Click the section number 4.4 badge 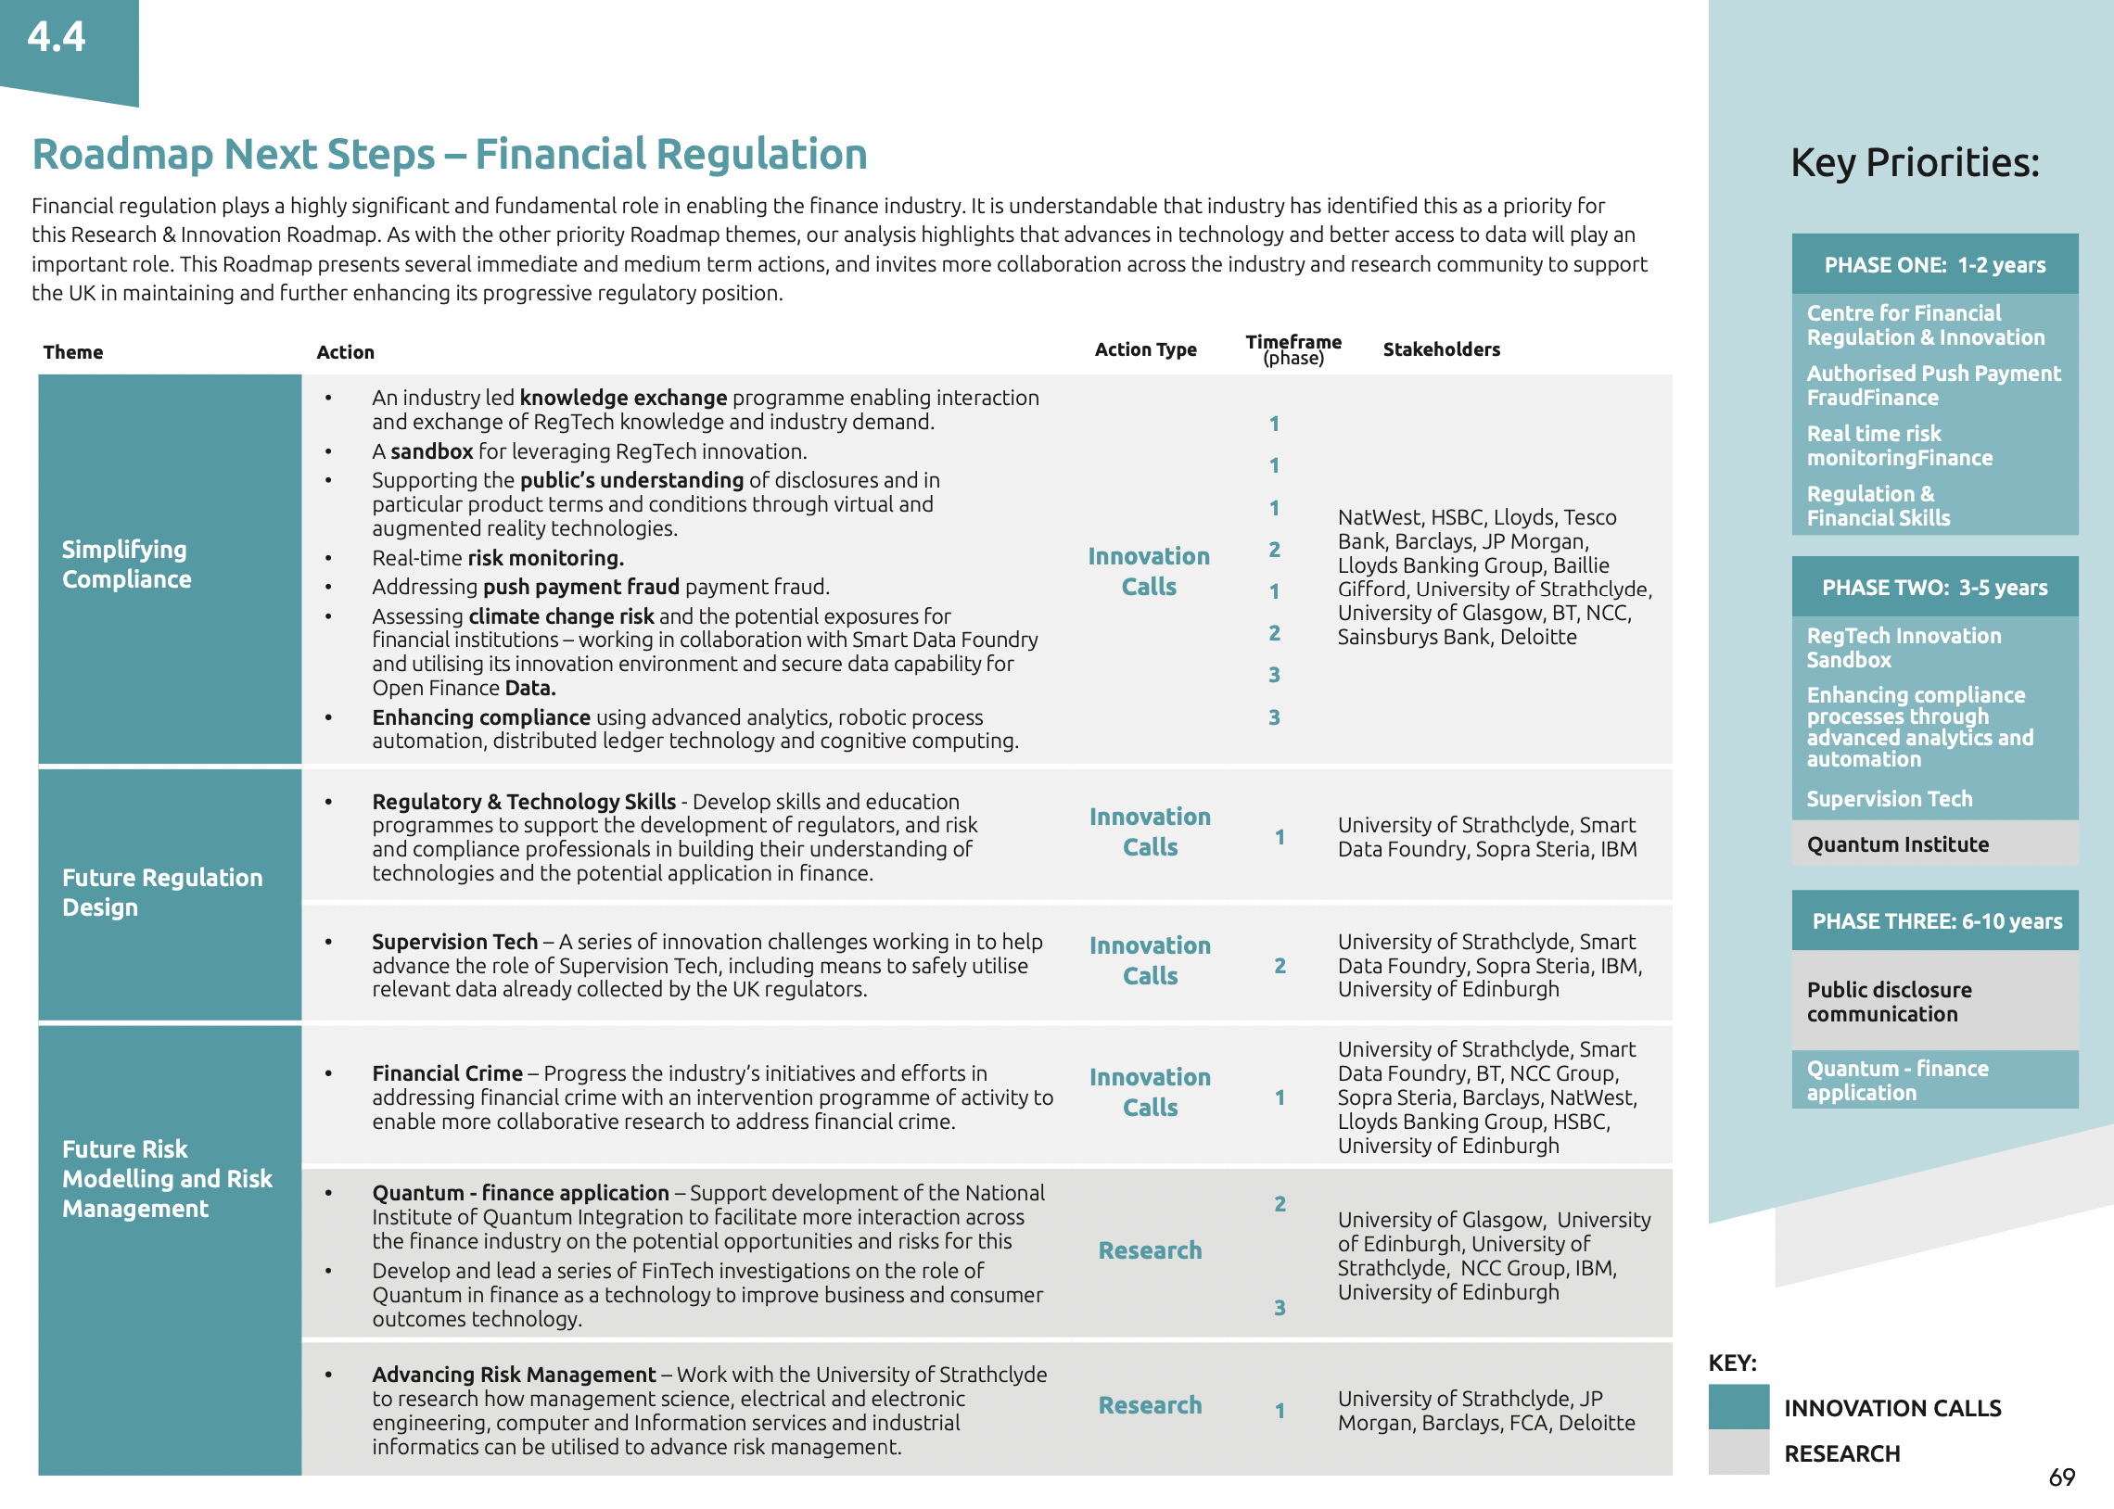tap(57, 38)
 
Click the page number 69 tap(2061, 1477)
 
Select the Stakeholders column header tap(1440, 349)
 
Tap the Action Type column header tap(1145, 349)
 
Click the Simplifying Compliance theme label tap(126, 564)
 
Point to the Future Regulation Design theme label tap(161, 892)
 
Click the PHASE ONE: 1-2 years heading tap(1934, 265)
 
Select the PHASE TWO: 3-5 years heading tap(1934, 588)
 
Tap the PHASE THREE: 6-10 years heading tap(1936, 920)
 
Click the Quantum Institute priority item tap(1896, 844)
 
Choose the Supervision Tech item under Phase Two tap(1888, 799)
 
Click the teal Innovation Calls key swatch tap(1738, 1406)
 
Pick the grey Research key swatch tap(1738, 1452)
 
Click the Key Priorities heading tap(1915, 162)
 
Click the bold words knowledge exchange tap(622, 398)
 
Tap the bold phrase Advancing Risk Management tap(514, 1375)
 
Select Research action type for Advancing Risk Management tap(1150, 1405)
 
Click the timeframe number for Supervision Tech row tap(1280, 967)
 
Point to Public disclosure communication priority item tap(1888, 1002)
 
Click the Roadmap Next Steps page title tap(449, 154)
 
